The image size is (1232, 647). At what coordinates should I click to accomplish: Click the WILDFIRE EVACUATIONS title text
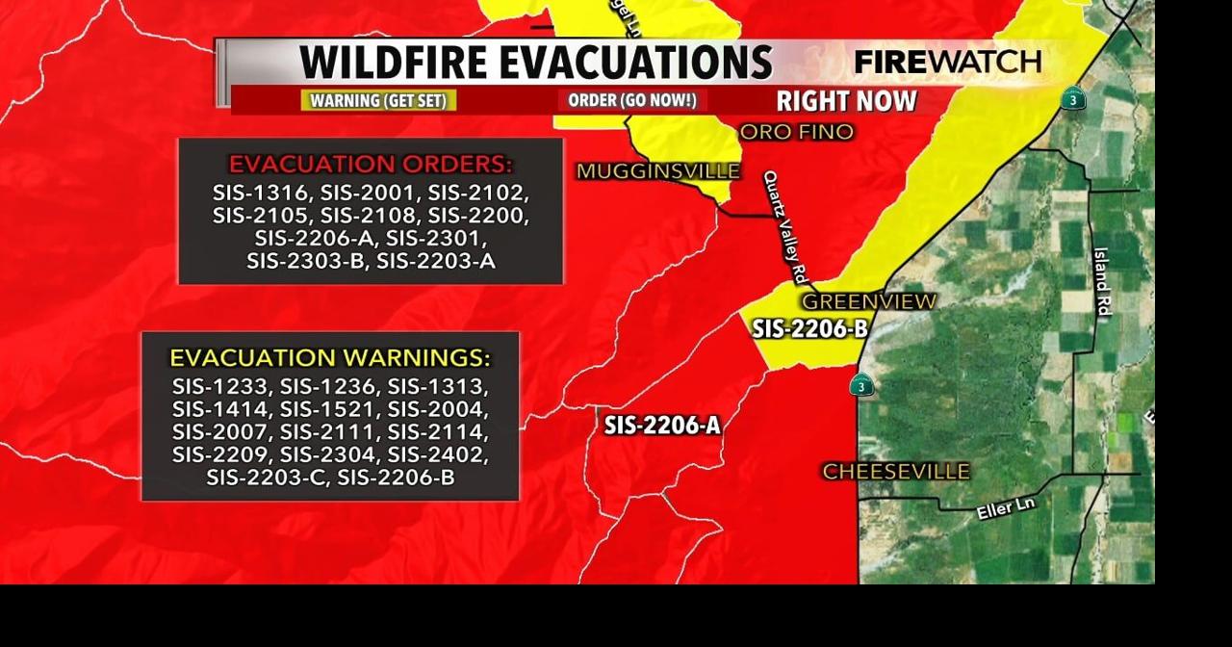tap(535, 63)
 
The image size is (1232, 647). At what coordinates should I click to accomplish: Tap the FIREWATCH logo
tap(947, 63)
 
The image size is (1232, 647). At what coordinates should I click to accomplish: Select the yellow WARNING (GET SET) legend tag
tap(378, 100)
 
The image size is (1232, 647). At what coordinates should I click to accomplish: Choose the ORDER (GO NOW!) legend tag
tap(631, 100)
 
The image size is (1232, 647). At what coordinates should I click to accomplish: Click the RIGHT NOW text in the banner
tap(846, 101)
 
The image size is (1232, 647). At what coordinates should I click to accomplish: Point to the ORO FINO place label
tap(796, 132)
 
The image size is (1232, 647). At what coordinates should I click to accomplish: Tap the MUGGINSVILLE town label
tap(658, 171)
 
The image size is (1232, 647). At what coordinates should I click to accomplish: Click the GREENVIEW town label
tap(868, 301)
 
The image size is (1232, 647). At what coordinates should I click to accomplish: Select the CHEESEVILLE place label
tap(895, 472)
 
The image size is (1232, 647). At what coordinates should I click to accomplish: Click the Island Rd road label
tap(1103, 282)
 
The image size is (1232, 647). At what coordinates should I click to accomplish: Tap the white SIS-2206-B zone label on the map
tap(809, 329)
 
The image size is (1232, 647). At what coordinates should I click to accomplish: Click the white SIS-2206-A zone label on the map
tap(662, 425)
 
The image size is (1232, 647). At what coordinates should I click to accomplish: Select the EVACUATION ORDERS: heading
tap(371, 164)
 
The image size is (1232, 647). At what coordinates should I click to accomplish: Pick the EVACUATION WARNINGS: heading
tap(330, 358)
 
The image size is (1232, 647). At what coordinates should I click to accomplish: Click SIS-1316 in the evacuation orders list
tap(261, 193)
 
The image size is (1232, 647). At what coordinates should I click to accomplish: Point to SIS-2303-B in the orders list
tap(306, 261)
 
